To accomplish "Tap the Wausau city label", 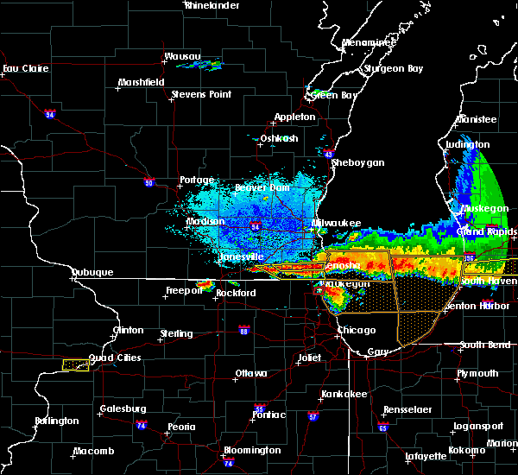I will (182, 58).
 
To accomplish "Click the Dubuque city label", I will (92, 272).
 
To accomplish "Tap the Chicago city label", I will (356, 330).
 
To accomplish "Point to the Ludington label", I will (468, 144).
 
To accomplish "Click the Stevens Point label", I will (200, 94).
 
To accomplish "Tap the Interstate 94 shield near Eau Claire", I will (49, 113).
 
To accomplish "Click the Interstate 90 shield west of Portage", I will (149, 182).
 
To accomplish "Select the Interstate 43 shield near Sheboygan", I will (329, 155).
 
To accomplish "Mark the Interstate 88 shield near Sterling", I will (244, 330).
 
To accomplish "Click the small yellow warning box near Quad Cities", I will (76, 365).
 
